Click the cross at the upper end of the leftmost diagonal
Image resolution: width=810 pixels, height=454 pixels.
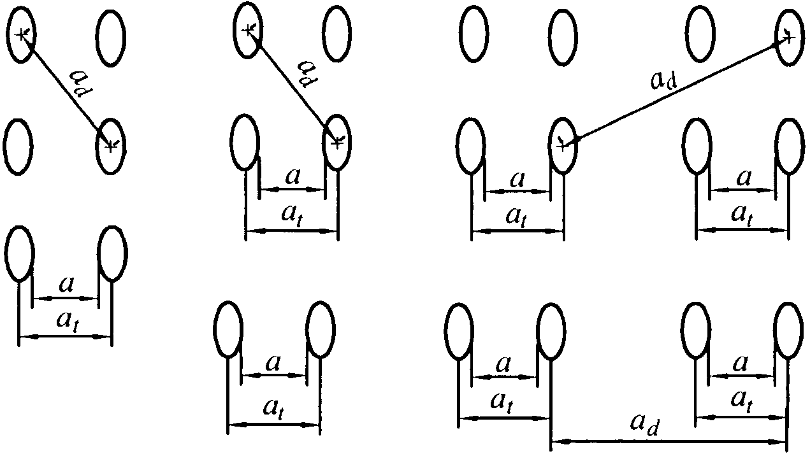24,35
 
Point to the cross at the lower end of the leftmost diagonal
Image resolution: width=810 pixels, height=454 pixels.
111,146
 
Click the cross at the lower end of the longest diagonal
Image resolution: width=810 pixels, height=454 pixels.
561,145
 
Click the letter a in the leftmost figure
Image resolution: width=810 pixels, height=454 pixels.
64,284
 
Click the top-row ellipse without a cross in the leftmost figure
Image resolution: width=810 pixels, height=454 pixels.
111,38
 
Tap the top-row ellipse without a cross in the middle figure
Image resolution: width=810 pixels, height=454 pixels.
336,34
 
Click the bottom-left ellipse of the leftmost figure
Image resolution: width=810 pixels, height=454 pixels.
18,253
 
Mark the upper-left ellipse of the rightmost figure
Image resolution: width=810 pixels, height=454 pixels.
473,34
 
